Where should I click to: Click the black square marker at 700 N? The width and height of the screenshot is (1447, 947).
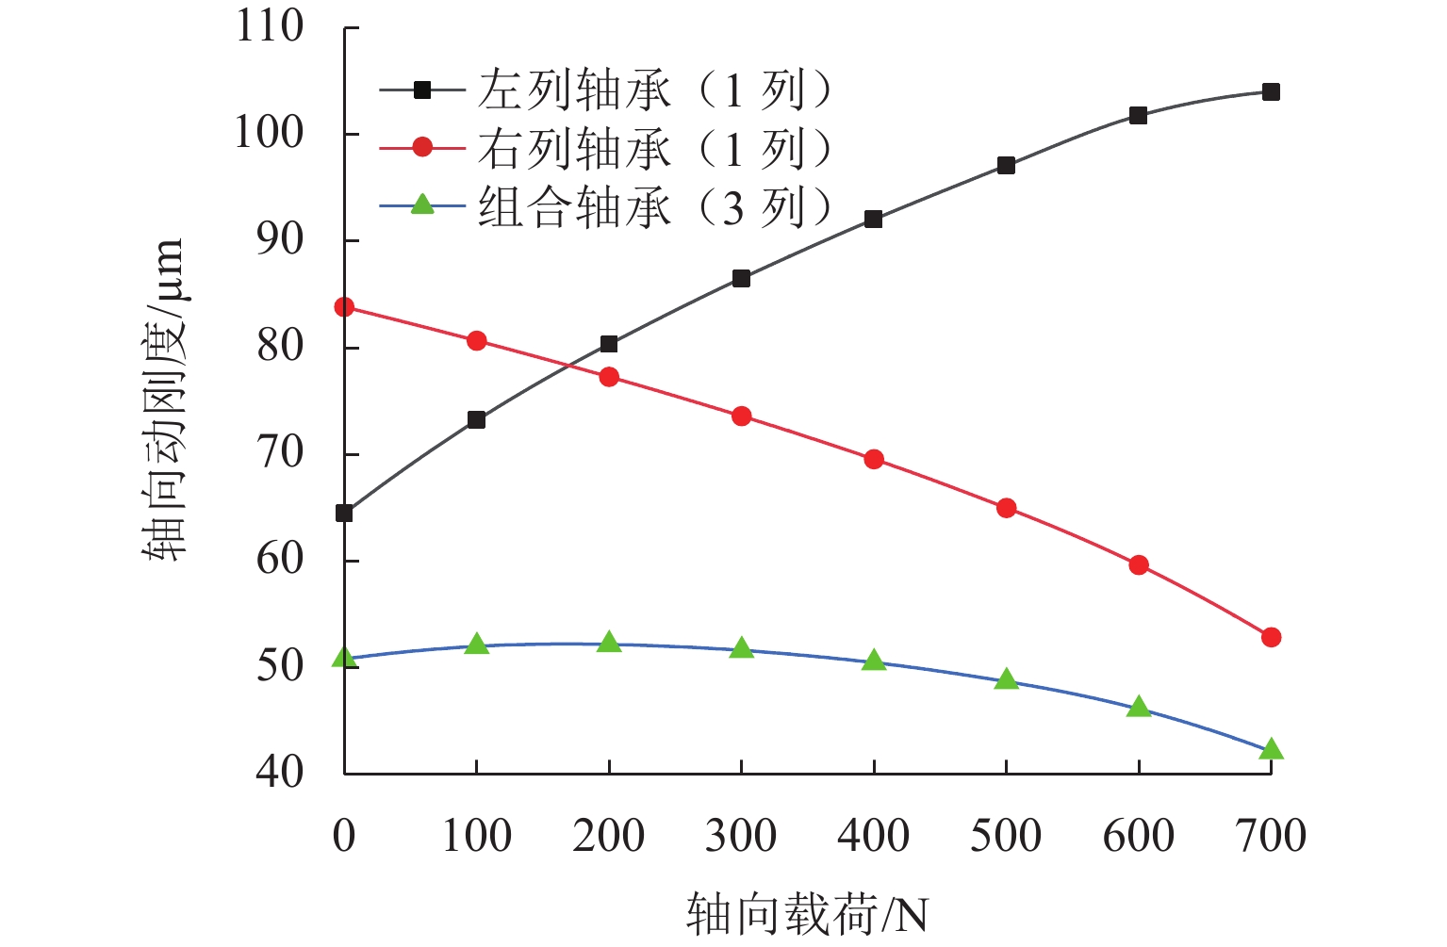tap(1271, 91)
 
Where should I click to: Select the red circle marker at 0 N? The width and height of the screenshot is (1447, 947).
tap(344, 307)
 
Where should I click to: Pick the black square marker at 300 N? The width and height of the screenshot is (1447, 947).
tap(741, 278)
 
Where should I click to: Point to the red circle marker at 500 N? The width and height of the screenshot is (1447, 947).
tap(1006, 508)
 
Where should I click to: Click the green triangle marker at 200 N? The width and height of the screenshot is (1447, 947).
tap(609, 643)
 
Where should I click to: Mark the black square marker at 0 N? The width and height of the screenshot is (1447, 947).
tap(344, 513)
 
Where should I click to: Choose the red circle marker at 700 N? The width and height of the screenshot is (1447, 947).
tap(1271, 637)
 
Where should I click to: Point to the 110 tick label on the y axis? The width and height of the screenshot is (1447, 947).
tap(270, 26)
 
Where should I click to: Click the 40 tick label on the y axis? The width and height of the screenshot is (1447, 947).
tap(280, 772)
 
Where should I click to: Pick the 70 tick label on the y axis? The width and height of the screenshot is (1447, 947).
tap(280, 453)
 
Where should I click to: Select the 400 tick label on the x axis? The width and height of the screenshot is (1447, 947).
tap(874, 836)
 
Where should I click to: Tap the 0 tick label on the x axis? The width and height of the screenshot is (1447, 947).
tap(344, 836)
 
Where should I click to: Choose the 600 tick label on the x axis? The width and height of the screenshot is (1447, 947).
tap(1139, 836)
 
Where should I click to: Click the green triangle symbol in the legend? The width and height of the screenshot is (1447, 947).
tap(422, 204)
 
